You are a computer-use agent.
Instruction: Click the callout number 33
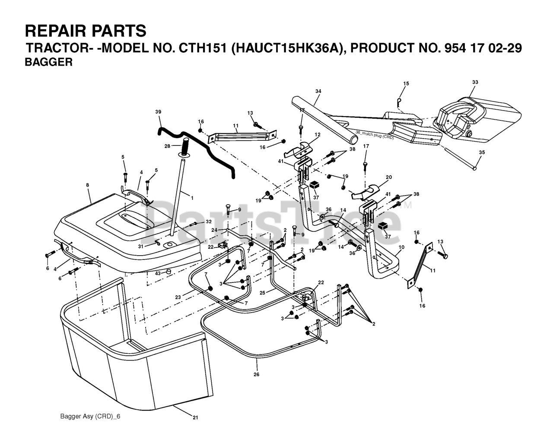click(475, 82)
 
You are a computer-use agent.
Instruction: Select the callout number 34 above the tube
click(318, 91)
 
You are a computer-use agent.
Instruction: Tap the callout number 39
click(158, 112)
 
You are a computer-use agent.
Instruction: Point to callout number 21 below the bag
click(195, 418)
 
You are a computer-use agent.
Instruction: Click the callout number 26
click(256, 374)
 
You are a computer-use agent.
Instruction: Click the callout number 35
click(482, 152)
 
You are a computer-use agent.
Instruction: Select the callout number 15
click(406, 83)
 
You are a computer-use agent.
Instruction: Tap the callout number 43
click(158, 273)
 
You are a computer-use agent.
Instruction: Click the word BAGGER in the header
click(48, 62)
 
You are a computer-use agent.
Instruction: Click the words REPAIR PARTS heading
click(86, 31)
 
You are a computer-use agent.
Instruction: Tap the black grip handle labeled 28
click(185, 148)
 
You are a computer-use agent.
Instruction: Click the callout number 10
click(401, 247)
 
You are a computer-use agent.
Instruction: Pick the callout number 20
click(388, 177)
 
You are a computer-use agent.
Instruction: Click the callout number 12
click(318, 135)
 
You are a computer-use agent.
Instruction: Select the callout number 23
click(178, 297)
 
